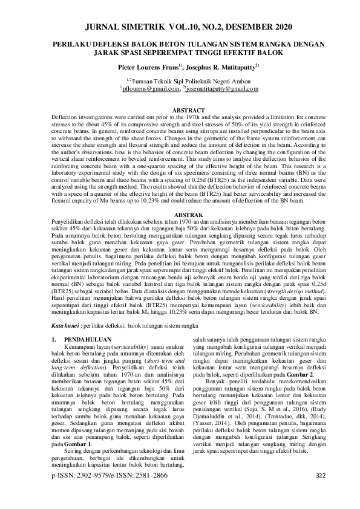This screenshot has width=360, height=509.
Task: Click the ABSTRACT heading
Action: pos(180,109)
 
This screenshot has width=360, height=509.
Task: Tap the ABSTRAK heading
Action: pos(180,215)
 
